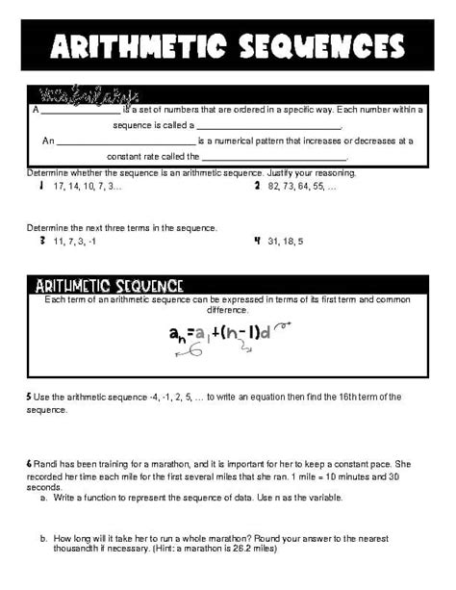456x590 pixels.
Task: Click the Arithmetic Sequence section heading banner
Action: point(109,285)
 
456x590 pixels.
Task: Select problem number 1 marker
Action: point(40,184)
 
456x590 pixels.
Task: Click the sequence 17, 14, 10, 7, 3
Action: point(89,185)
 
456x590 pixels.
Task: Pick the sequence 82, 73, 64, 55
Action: point(304,185)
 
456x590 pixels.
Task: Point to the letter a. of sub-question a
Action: point(43,498)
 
